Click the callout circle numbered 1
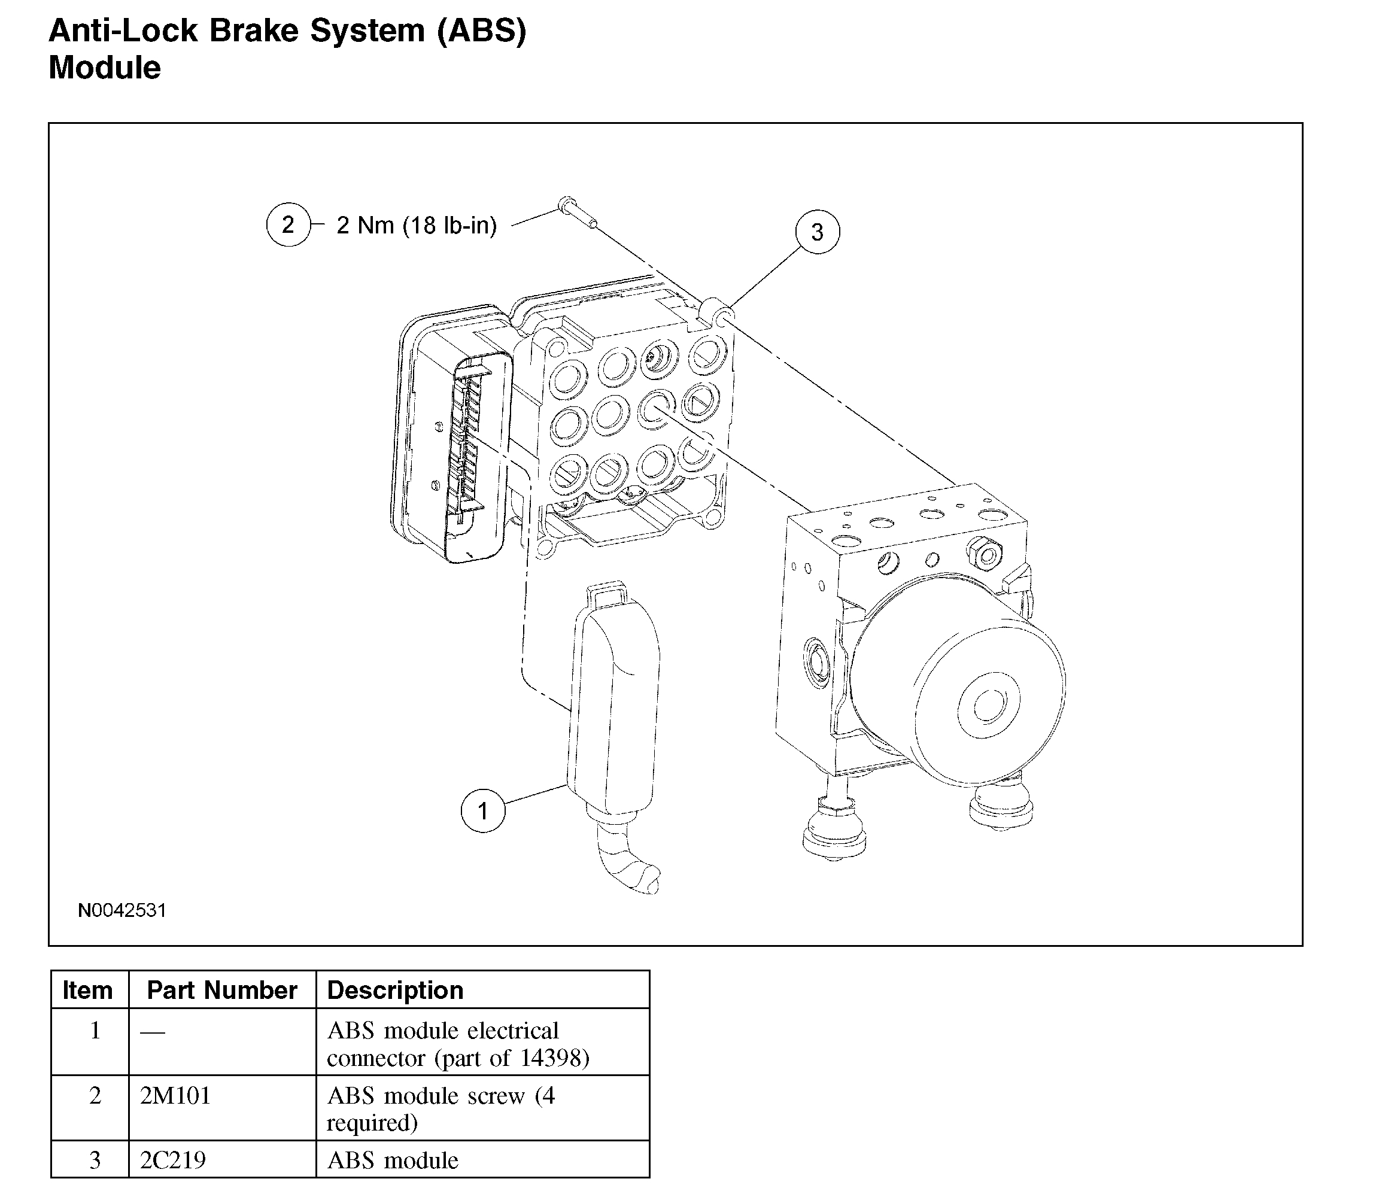(483, 811)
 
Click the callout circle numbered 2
(288, 224)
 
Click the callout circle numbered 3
(817, 232)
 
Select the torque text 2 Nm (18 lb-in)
(416, 226)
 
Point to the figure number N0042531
(122, 910)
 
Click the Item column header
(87, 990)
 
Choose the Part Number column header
(221, 990)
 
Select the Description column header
(395, 990)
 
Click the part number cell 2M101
(175, 1096)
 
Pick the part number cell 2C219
(172, 1160)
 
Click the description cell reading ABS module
(393, 1161)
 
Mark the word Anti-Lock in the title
(123, 31)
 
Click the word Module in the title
(105, 68)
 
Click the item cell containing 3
(95, 1160)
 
